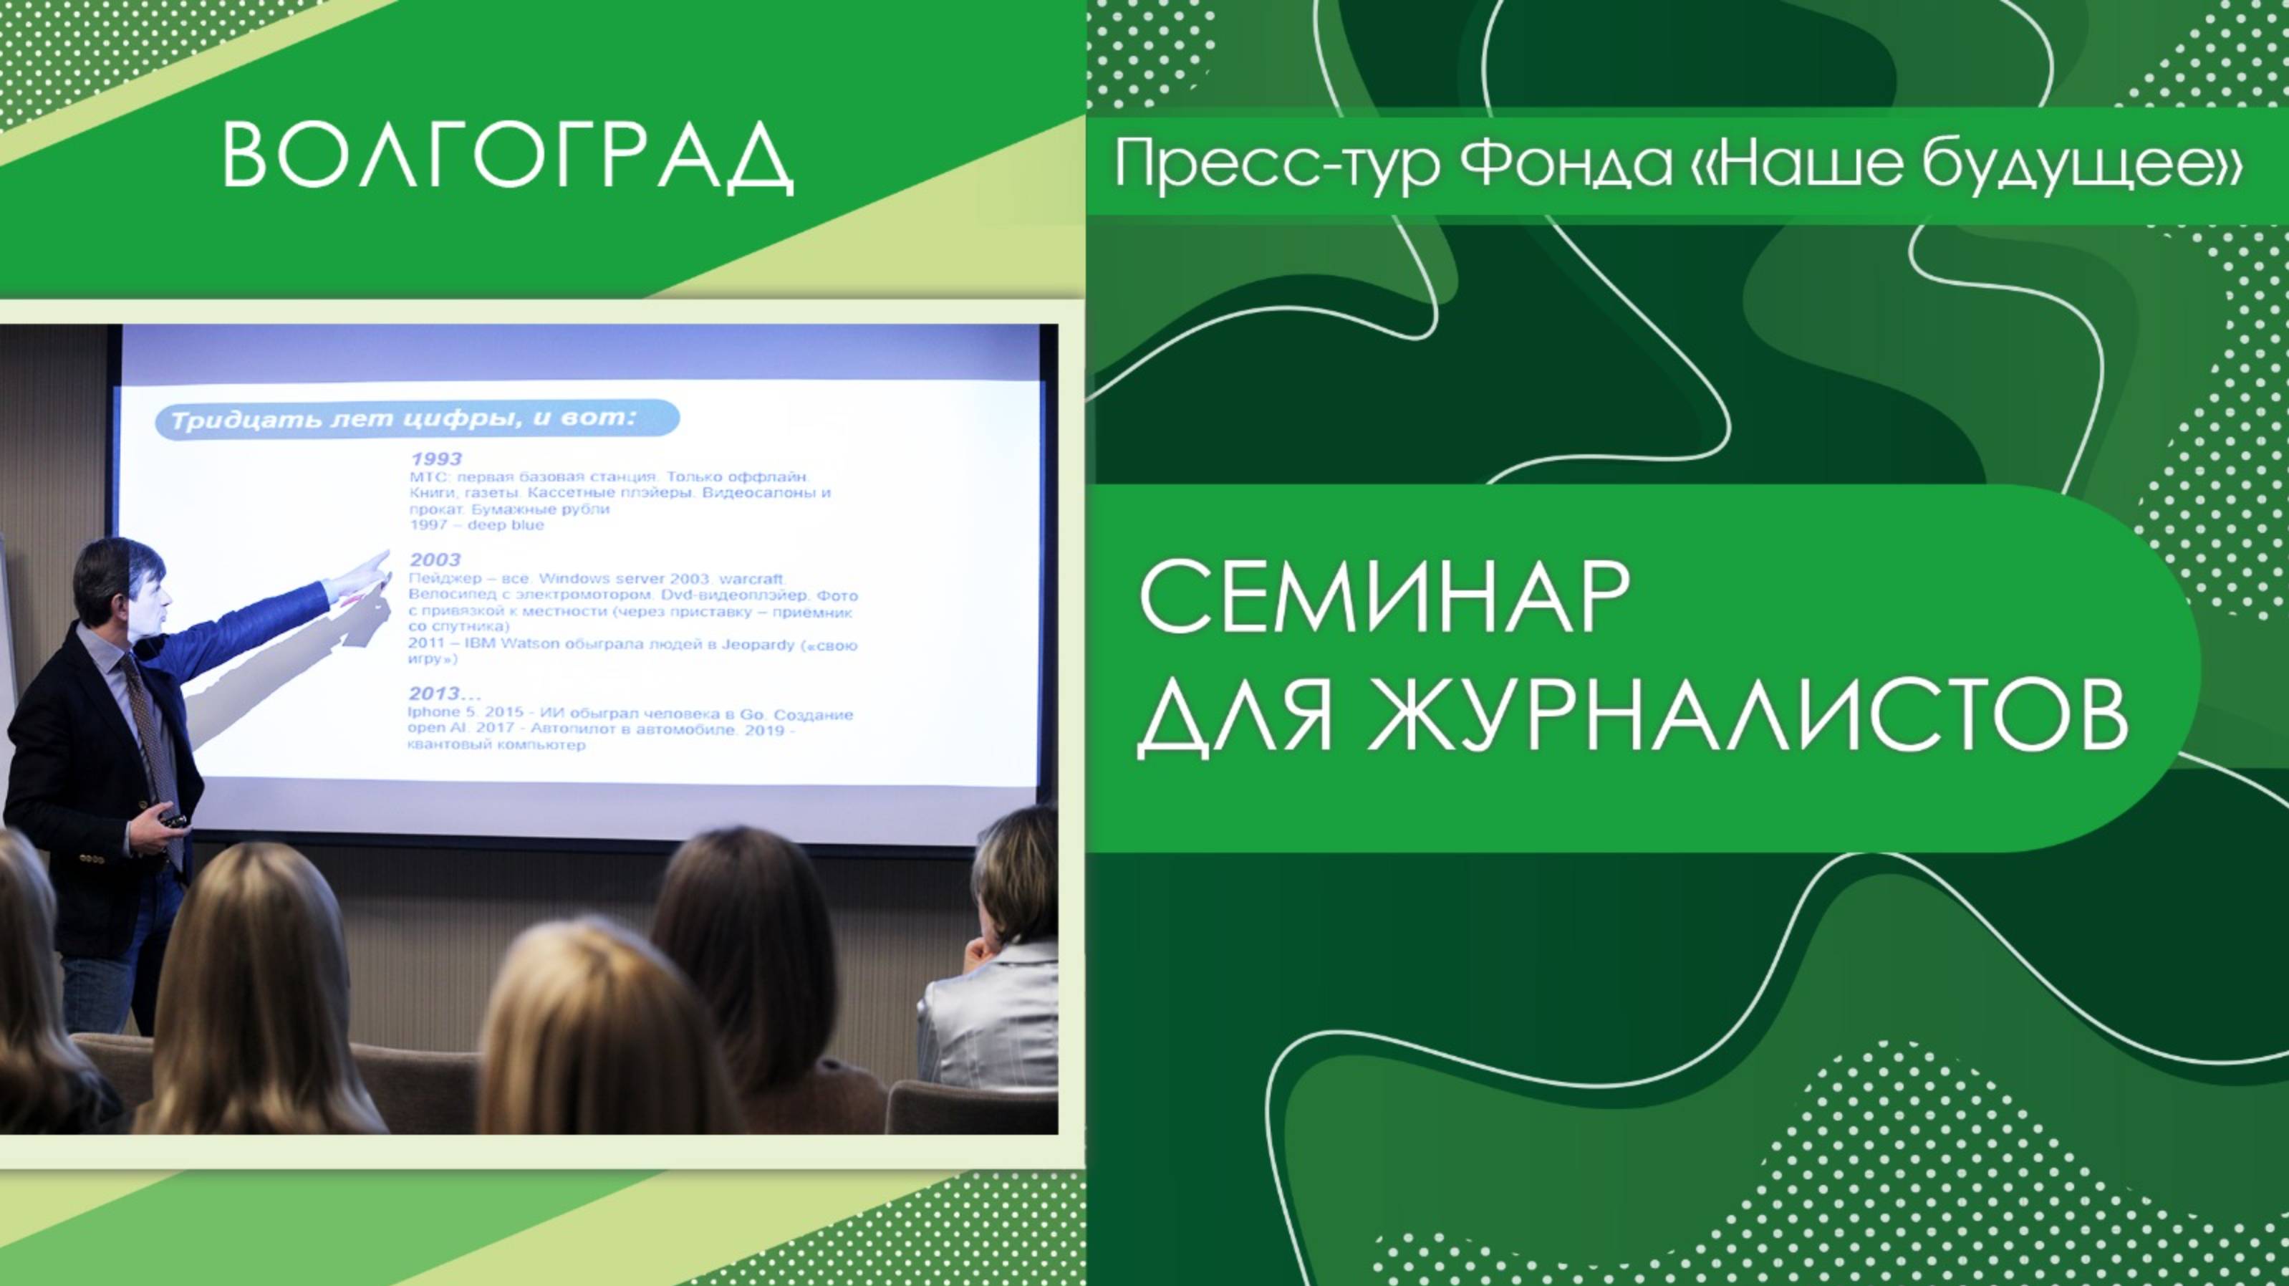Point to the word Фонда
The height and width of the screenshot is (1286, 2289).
tap(1565, 163)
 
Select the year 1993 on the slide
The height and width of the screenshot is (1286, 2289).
tap(436, 459)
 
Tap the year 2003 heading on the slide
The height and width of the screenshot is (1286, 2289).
tap(435, 559)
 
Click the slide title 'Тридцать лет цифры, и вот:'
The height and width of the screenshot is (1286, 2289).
tap(405, 418)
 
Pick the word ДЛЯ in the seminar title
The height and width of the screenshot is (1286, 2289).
tap(1235, 716)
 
